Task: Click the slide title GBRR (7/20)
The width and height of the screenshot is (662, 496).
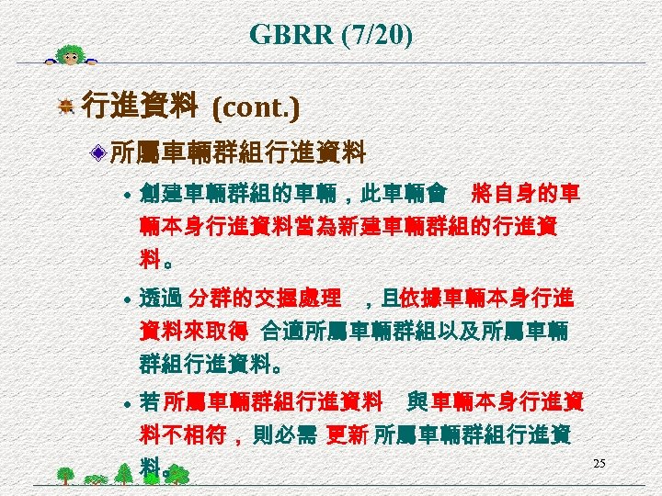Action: [331, 36]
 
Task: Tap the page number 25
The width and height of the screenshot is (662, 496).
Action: [599, 463]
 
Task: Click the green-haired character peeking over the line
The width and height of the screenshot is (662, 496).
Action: [71, 55]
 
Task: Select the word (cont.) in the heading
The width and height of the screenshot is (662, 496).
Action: [256, 108]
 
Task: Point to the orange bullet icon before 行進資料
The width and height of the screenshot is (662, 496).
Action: [65, 109]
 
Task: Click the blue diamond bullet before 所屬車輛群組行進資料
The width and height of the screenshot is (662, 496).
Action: [99, 151]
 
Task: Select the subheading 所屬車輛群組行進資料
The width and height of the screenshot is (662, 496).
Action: [238, 151]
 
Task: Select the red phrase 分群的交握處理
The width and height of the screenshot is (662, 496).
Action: [265, 299]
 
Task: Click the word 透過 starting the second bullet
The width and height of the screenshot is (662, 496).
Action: [162, 299]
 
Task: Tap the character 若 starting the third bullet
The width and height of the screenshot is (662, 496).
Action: [150, 402]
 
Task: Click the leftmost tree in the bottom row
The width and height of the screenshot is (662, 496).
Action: [64, 475]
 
